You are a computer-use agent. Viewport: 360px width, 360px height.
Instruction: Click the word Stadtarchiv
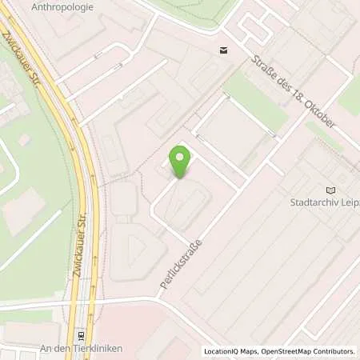pos(315,202)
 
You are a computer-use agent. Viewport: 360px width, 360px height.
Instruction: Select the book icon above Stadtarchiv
pos(331,190)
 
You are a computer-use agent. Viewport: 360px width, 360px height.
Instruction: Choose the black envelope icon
pos(222,51)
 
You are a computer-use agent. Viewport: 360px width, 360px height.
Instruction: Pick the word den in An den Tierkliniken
pos(61,349)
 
